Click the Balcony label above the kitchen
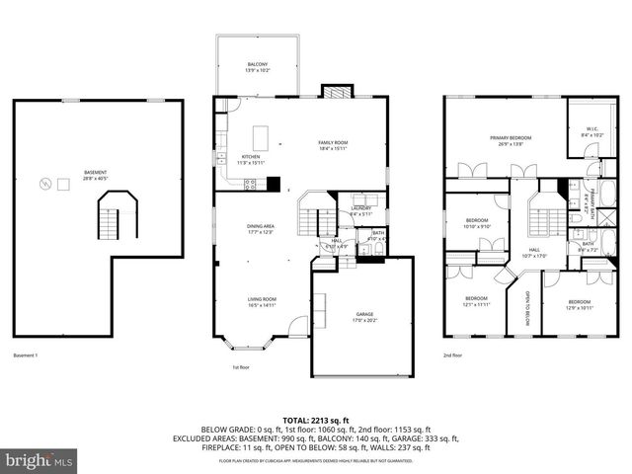coord(256,68)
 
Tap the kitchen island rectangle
coord(262,135)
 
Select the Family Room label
coord(332,145)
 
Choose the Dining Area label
coord(261,229)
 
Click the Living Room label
coord(261,302)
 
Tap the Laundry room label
coord(360,210)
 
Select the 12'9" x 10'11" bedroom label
coord(579,304)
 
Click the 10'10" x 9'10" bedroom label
coord(476,222)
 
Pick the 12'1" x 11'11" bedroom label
coord(475,301)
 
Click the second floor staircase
coord(541,213)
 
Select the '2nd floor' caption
coord(452,355)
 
